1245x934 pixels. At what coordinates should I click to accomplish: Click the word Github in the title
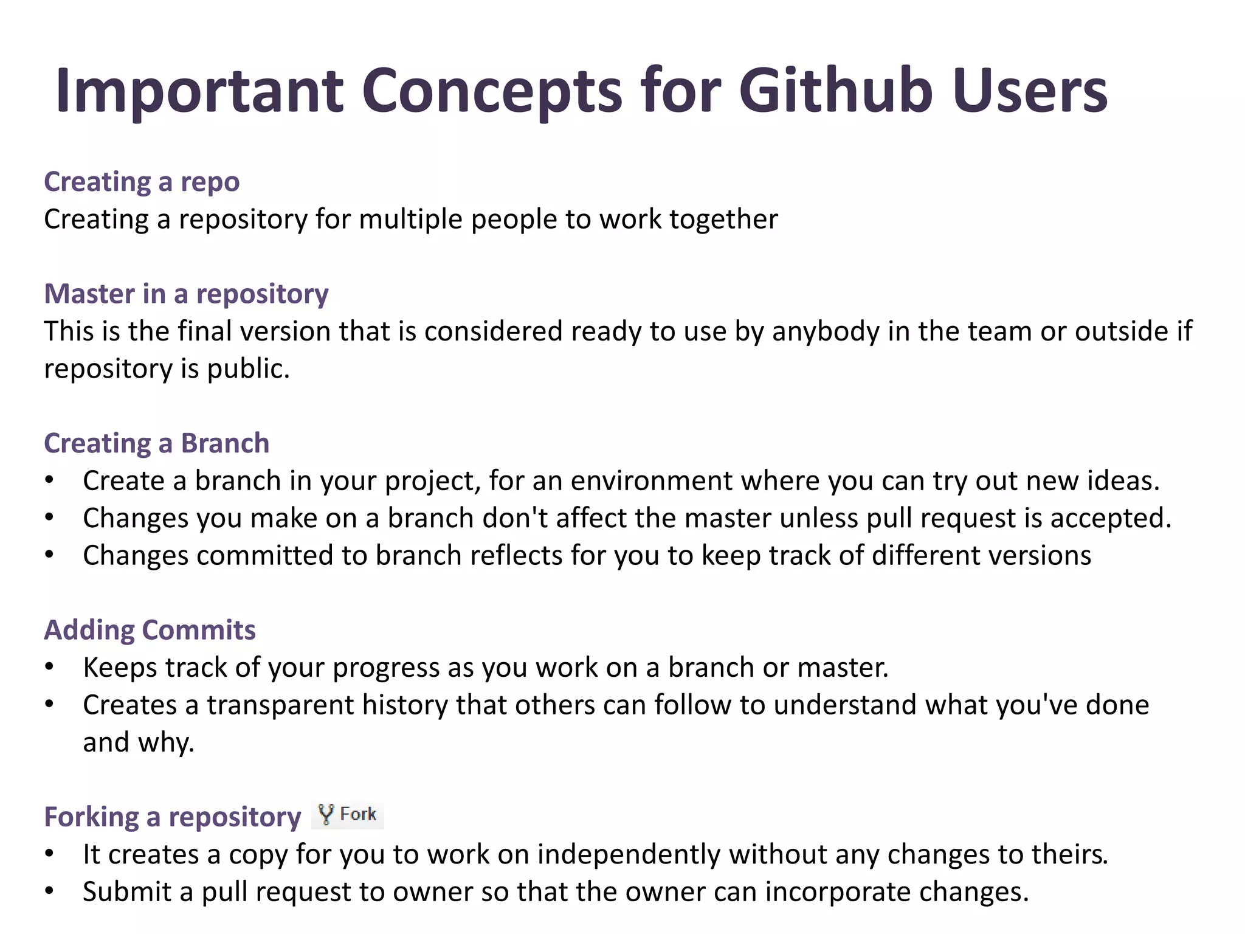click(835, 91)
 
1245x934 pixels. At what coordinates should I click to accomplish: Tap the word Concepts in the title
click(492, 91)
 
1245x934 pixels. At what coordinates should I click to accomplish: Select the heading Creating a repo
click(142, 182)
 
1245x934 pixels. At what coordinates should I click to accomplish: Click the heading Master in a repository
click(186, 294)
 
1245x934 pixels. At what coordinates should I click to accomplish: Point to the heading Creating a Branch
click(156, 443)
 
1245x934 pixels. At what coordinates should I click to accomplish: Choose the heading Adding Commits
click(150, 630)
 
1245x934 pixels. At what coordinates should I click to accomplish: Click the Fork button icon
click(348, 815)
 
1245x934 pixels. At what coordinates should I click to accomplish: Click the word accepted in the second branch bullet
click(1110, 519)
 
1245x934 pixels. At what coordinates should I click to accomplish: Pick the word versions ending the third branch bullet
click(1041, 556)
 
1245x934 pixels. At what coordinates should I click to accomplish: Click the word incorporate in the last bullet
click(838, 892)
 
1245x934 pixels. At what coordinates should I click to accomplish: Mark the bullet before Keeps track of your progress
click(50, 668)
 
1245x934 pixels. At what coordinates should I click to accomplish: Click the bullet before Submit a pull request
click(50, 892)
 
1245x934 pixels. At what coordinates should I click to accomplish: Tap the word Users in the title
click(1030, 91)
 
